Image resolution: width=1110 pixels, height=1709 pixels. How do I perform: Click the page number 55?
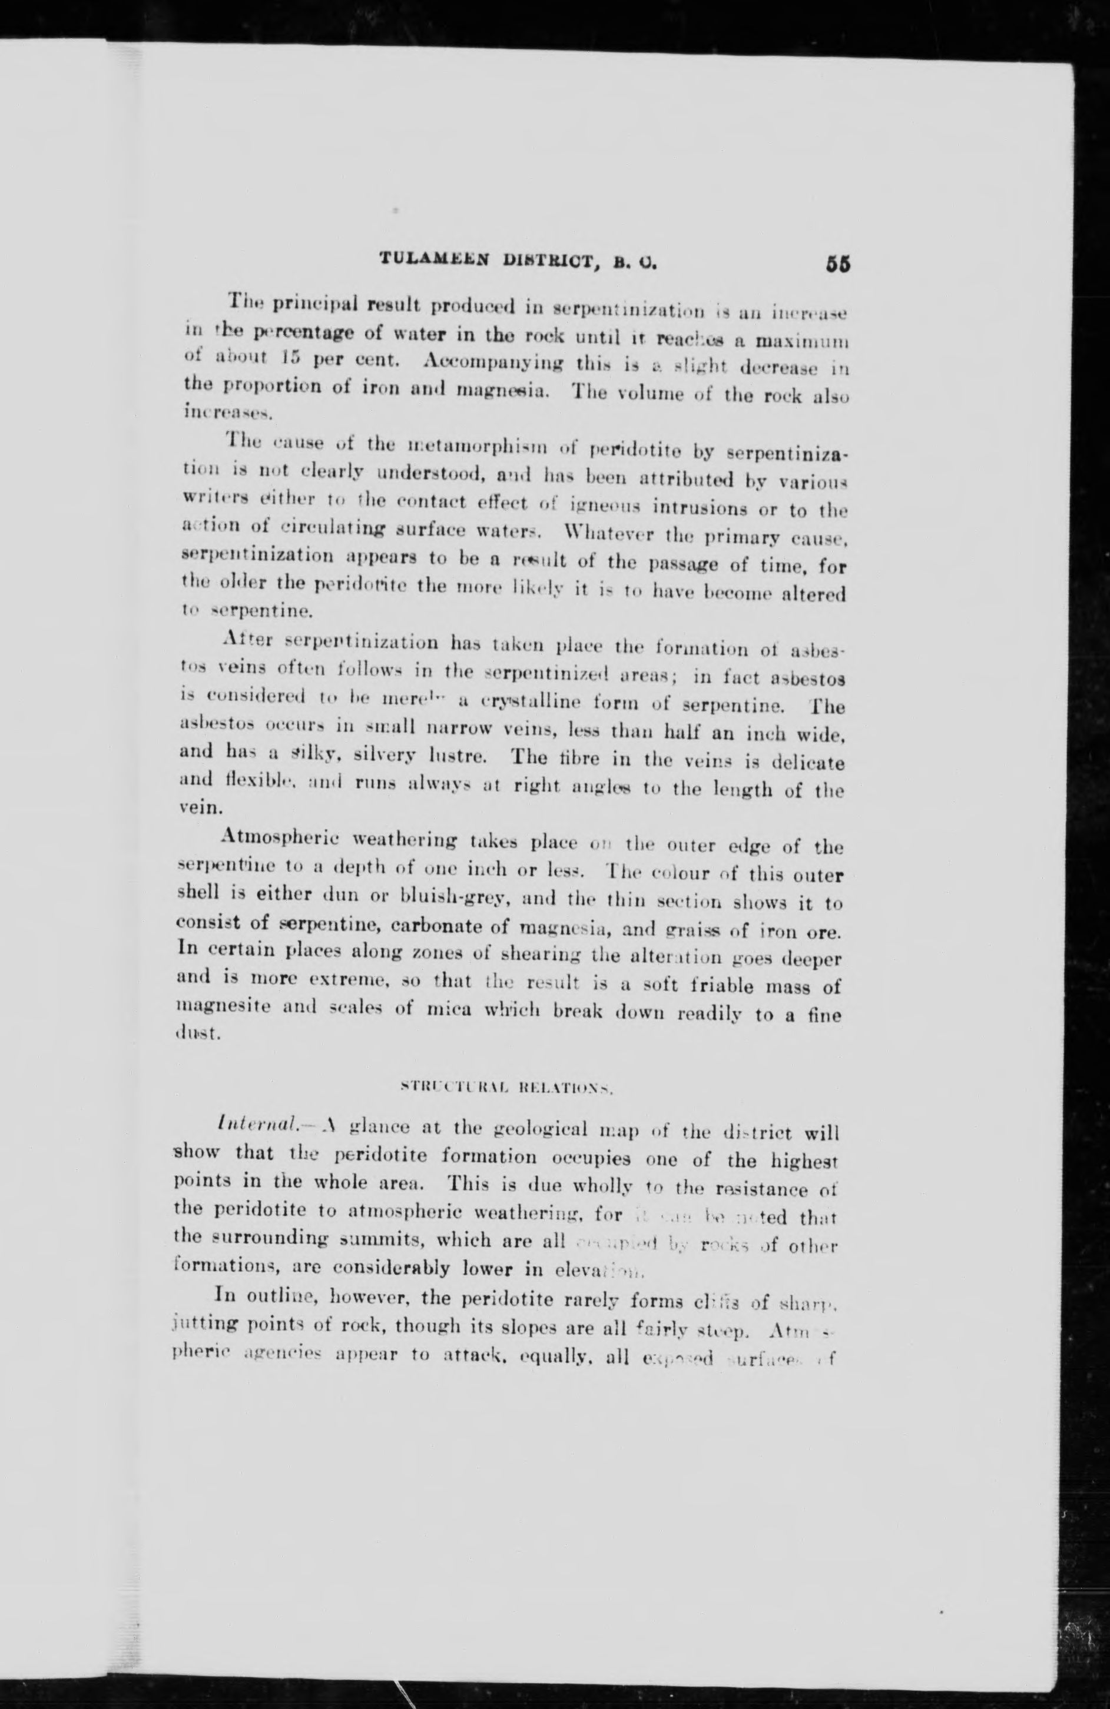pos(838,263)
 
